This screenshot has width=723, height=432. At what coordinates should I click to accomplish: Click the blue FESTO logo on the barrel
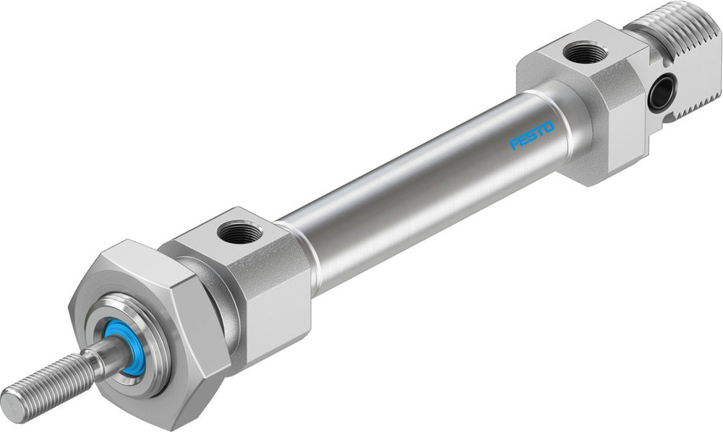531,135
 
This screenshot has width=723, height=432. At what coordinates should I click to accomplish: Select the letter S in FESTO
531,136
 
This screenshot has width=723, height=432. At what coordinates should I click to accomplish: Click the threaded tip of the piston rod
51,382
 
